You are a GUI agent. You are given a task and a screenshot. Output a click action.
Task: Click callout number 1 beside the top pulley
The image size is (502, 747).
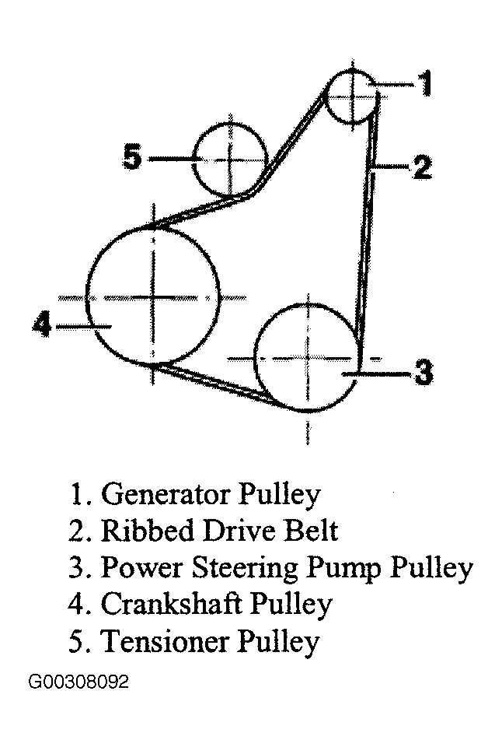point(424,83)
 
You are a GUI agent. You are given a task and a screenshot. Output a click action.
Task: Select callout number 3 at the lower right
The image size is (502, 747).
point(424,372)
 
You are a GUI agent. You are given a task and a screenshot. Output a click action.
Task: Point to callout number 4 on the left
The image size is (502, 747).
point(42,325)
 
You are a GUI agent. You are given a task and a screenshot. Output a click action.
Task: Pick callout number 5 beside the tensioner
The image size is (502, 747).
point(132,156)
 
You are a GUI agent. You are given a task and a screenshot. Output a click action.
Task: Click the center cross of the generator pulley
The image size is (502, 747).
point(353,96)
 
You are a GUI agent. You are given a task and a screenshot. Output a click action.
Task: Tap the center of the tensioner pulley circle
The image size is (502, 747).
point(231,159)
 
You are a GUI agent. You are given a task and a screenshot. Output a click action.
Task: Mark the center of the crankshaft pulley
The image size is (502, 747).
point(153,298)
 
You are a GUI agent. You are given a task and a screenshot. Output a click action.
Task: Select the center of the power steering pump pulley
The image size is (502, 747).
point(307,358)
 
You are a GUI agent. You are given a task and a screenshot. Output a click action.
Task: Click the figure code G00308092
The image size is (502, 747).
point(78,682)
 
